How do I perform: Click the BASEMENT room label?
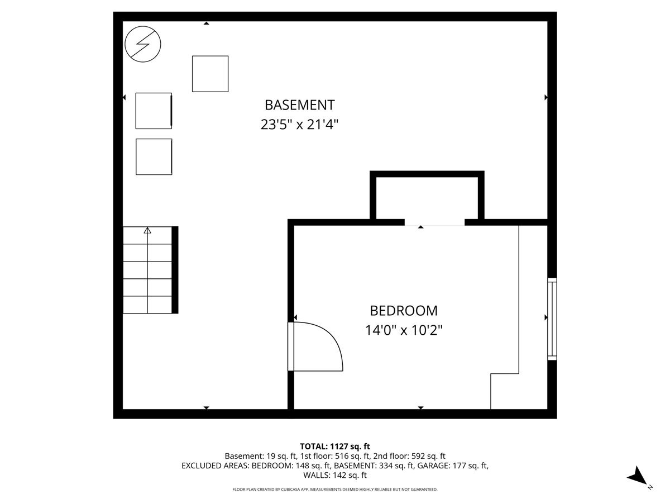[x=299, y=105]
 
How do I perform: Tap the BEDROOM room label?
[x=404, y=311]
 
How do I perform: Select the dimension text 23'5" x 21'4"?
[x=299, y=125]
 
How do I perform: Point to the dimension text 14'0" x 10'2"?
[x=404, y=330]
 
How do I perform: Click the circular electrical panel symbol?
[x=143, y=44]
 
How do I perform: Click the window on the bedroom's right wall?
[x=552, y=319]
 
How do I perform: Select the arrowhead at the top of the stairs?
[x=147, y=230]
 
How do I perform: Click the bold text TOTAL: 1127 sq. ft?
[x=335, y=447]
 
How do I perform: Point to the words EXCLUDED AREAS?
[x=214, y=466]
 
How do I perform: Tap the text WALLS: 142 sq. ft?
[x=335, y=475]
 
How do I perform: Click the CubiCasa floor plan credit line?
[x=335, y=490]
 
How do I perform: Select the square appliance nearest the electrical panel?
[x=210, y=74]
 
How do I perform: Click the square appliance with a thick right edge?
[x=154, y=111]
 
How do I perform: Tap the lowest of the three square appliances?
[x=154, y=156]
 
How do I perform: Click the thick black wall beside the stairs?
[x=175, y=270]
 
